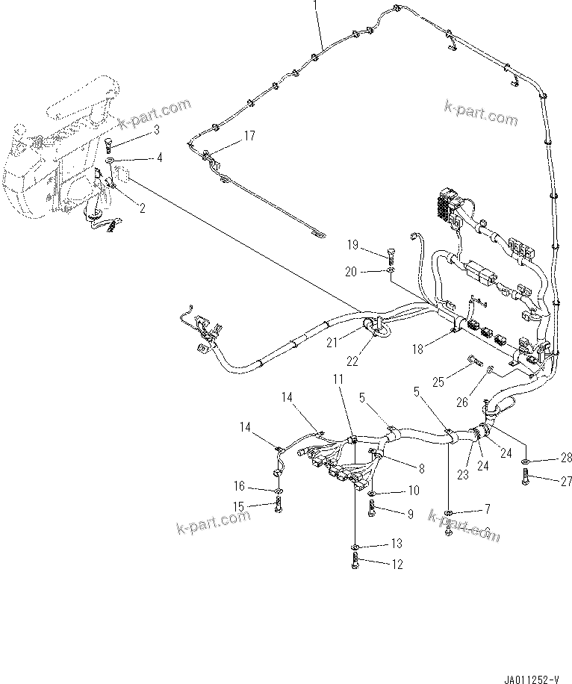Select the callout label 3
point(156,130)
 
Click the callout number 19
point(352,245)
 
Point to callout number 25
point(438,382)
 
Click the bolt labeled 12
point(355,562)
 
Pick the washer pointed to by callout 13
point(355,545)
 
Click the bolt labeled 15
point(279,506)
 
